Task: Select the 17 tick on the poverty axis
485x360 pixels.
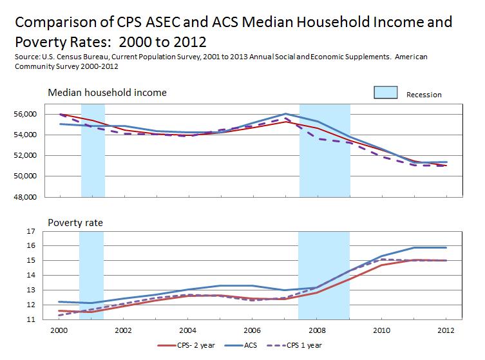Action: tap(29, 231)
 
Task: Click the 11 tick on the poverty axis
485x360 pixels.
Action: tap(29, 319)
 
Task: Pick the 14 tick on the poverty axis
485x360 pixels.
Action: tap(29, 275)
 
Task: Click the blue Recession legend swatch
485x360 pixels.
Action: tap(386, 93)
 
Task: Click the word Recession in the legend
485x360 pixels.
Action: tap(424, 95)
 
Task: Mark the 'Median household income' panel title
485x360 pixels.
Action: tap(108, 93)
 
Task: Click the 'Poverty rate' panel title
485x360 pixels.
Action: tap(75, 223)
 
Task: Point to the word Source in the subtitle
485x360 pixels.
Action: tap(26, 57)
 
